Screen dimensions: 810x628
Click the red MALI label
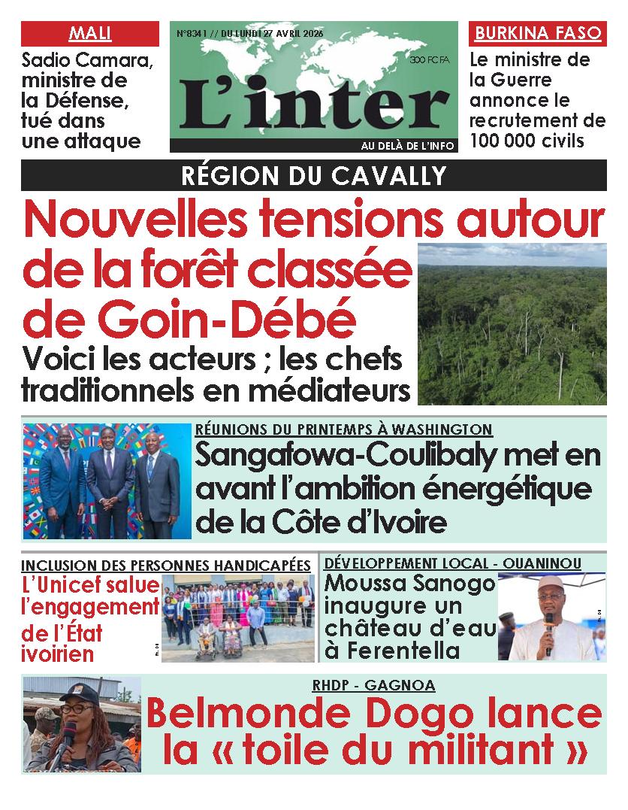coord(89,34)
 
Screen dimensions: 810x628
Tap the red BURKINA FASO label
coord(538,34)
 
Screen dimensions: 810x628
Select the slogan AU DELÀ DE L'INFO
coord(407,146)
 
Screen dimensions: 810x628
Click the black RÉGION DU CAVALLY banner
coord(313,176)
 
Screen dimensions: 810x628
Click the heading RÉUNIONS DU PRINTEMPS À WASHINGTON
coord(343,429)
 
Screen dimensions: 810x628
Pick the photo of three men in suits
coord(107,481)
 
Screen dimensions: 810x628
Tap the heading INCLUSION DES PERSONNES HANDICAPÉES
coord(165,565)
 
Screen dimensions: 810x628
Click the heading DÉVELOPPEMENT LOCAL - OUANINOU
coord(452,563)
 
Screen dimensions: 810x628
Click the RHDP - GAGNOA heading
coord(373,684)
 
